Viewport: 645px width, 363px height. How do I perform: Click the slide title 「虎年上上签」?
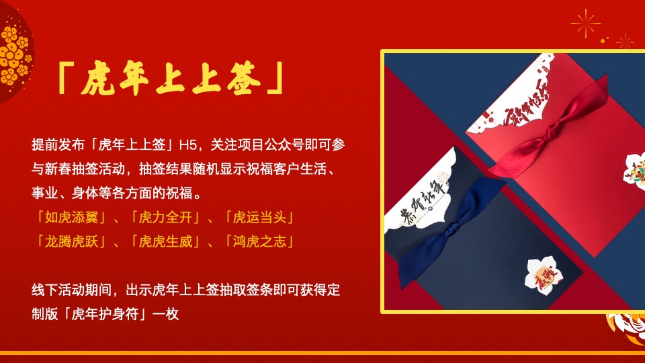point(168,79)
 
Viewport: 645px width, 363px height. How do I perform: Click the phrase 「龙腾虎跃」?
point(69,240)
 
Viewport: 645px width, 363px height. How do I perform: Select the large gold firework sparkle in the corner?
point(586,24)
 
